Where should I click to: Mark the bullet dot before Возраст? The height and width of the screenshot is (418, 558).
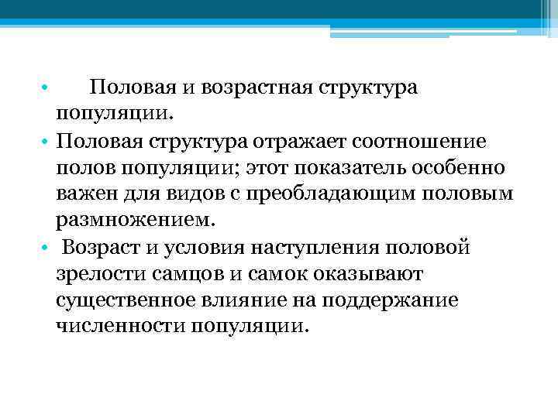[x=46, y=248]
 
